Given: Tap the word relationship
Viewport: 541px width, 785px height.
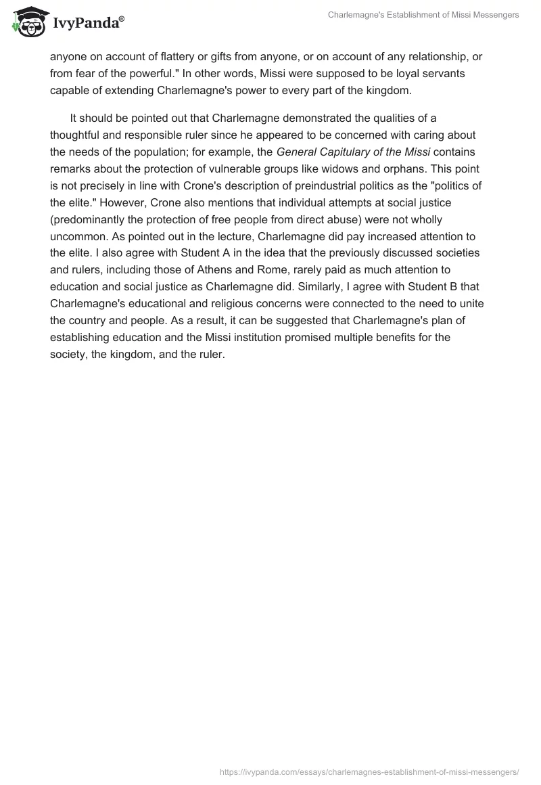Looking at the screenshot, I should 429,56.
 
